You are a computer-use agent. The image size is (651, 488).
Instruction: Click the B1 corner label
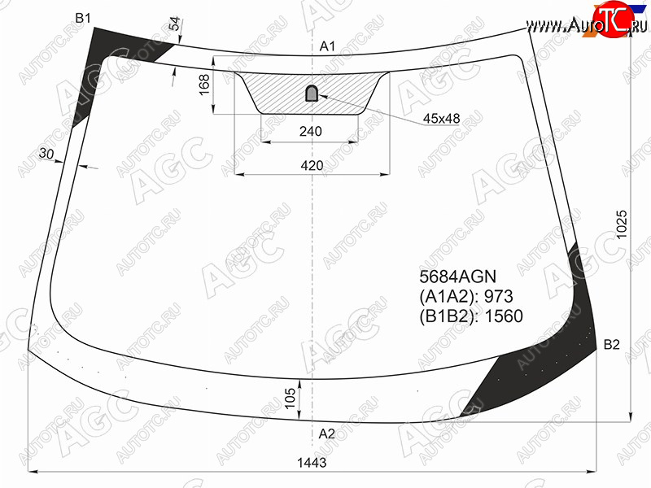tap(83, 18)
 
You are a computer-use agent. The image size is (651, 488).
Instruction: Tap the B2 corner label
tap(611, 344)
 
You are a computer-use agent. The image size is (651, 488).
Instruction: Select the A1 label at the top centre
tap(327, 46)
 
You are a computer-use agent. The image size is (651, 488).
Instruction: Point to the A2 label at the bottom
tap(327, 434)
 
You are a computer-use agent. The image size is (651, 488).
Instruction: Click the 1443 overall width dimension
tap(312, 462)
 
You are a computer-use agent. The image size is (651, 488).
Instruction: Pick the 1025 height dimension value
tap(622, 224)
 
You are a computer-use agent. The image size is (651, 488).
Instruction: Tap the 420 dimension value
tap(312, 166)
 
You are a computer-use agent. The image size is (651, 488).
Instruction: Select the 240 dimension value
tap(311, 131)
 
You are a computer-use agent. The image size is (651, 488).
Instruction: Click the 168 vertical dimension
tap(204, 85)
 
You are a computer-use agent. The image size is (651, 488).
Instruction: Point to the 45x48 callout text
tap(441, 119)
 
